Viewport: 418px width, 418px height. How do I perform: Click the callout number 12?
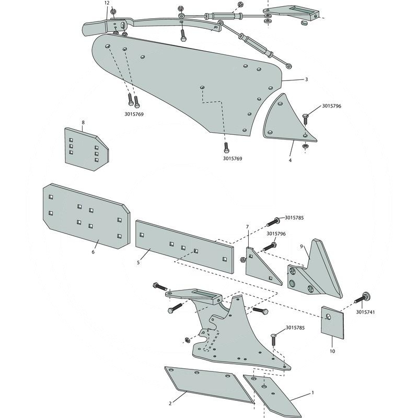(107, 3)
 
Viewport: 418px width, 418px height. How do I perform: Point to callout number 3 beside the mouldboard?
(306, 79)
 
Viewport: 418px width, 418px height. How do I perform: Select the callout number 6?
(93, 252)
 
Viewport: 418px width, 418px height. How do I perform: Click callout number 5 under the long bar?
(138, 262)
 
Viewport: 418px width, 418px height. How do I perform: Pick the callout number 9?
(302, 246)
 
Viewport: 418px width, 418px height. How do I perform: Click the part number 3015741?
(365, 311)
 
